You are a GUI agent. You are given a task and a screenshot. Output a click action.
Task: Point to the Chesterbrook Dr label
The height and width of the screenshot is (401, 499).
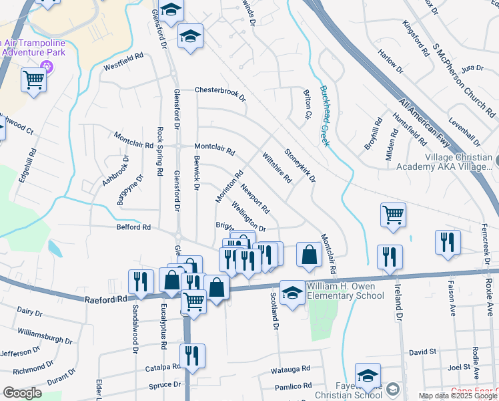coord(220,90)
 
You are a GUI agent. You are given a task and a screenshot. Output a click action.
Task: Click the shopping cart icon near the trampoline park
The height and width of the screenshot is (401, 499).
coord(33,80)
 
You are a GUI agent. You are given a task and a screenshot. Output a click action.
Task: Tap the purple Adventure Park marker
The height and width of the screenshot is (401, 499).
coord(46,65)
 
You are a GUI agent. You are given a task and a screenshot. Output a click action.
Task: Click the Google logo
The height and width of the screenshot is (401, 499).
coord(22,393)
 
